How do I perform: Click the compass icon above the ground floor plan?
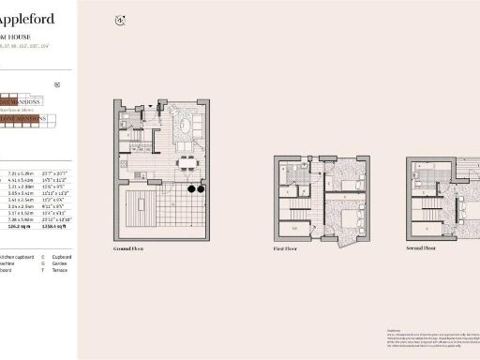pos(119,21)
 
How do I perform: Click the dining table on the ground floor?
pos(189,161)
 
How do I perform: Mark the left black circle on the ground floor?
pos(189,189)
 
